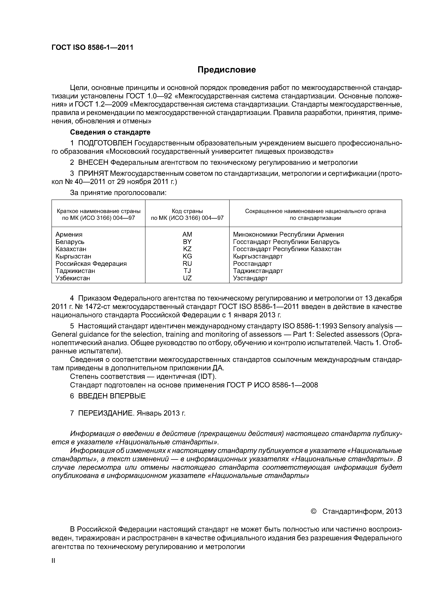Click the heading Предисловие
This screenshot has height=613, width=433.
[226, 70]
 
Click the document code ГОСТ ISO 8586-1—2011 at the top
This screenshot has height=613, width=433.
[92, 48]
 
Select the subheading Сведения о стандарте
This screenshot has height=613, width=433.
[110, 132]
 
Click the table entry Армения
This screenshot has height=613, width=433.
[69, 234]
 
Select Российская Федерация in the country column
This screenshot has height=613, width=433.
[91, 264]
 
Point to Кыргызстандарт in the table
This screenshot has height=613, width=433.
[258, 256]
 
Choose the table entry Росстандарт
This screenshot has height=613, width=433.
[252, 264]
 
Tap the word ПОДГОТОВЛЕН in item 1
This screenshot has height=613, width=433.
[105, 143]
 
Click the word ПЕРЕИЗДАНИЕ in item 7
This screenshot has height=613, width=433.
[106, 413]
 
